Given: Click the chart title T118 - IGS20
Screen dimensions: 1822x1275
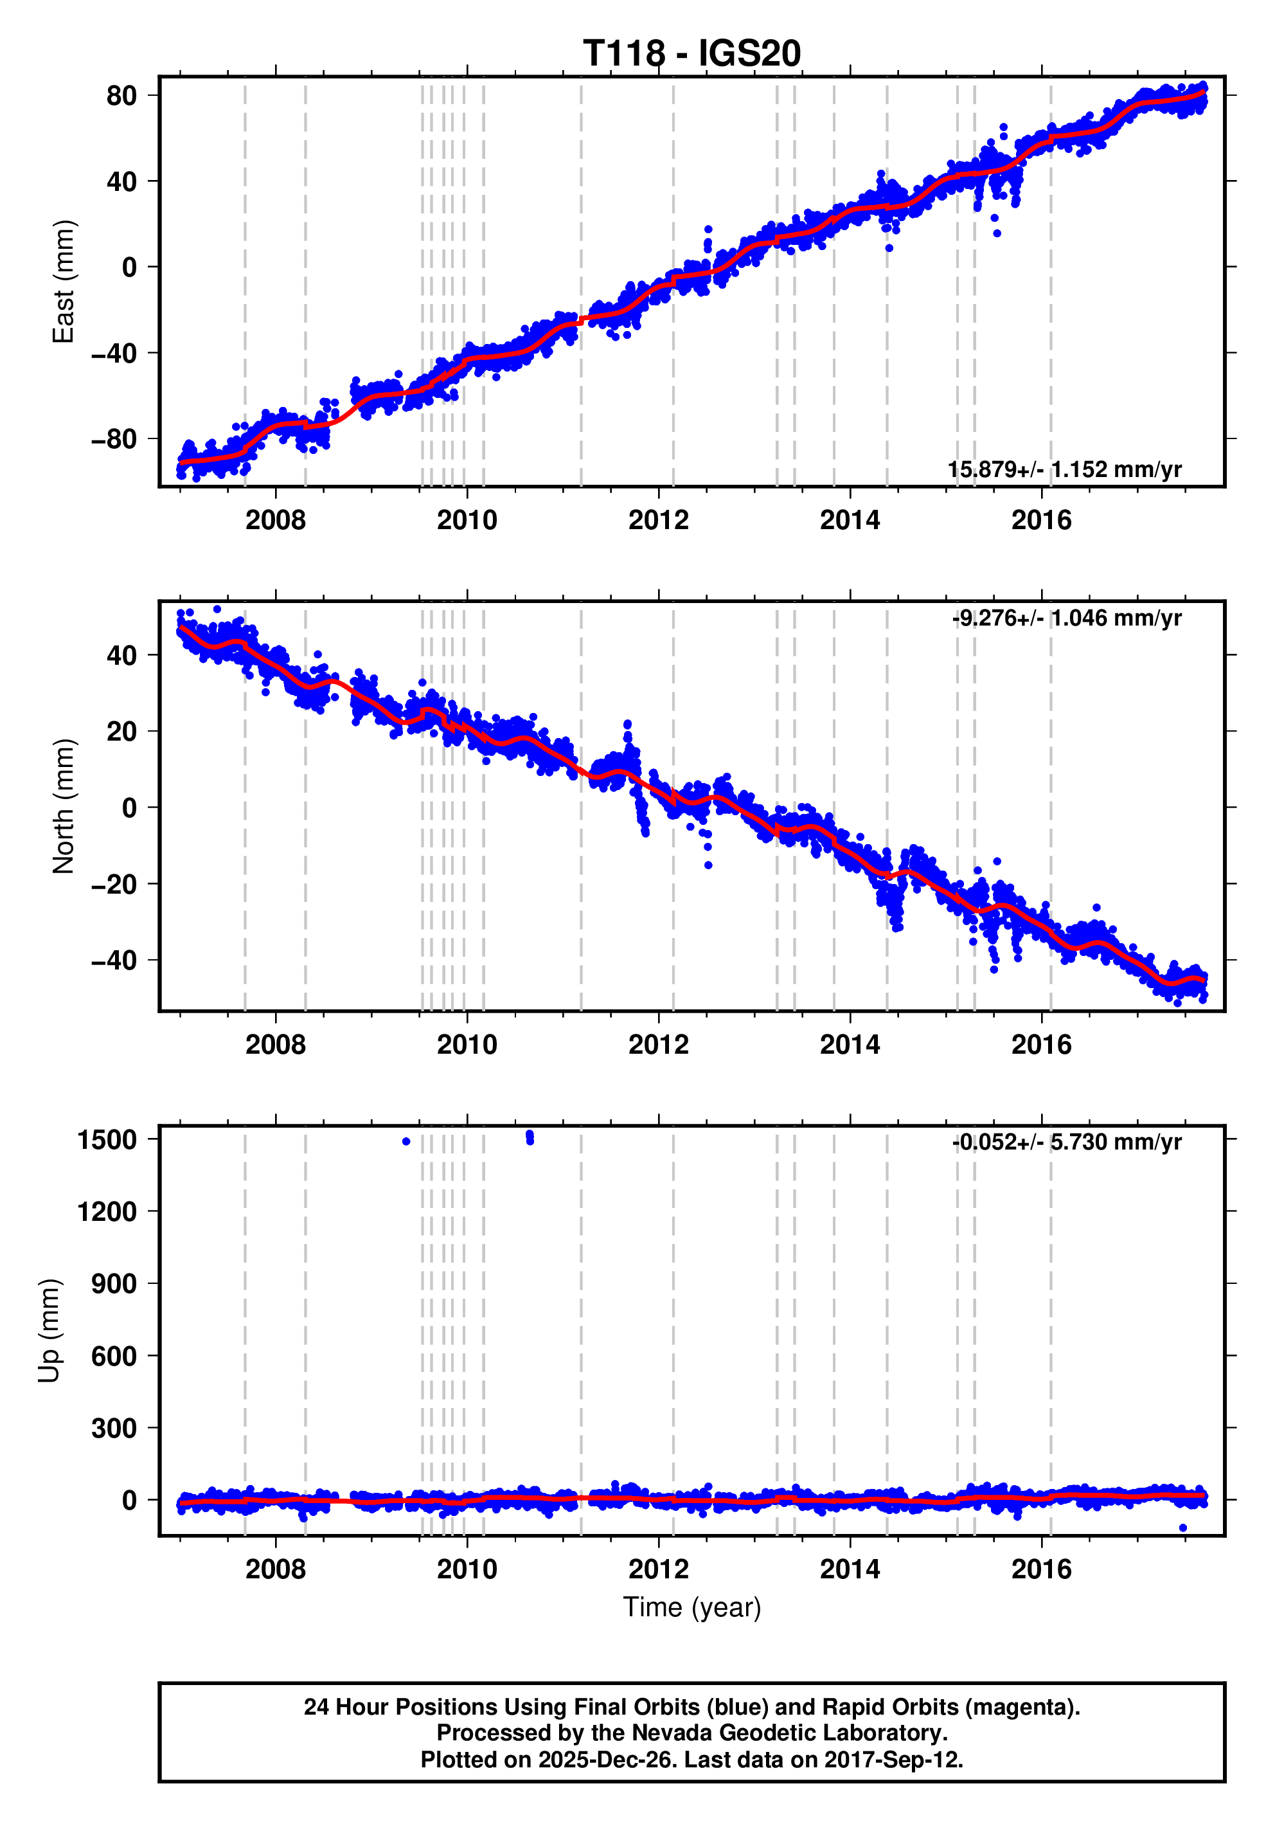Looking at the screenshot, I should click(692, 54).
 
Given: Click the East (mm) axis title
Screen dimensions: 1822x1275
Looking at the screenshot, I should click(64, 282).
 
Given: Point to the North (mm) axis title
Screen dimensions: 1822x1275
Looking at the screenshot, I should click(64, 806).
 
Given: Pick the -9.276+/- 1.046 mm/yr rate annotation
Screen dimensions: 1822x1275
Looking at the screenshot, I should click(1066, 618).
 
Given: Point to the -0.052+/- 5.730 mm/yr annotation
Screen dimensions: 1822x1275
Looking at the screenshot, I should click(1066, 1142).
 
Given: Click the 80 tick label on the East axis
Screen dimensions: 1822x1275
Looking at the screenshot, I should click(121, 96).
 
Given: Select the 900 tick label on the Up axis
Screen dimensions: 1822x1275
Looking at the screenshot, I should click(114, 1284).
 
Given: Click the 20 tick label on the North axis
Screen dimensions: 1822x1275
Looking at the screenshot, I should click(121, 732).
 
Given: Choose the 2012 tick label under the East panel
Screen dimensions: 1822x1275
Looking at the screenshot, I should click(659, 521).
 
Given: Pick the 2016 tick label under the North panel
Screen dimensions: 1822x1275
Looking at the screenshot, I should click(1041, 1044).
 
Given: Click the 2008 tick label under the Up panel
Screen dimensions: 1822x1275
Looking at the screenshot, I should click(275, 1569).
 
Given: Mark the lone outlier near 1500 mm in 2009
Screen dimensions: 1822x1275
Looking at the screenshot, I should click(406, 1142).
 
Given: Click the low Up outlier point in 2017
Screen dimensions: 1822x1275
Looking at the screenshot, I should click(1183, 1528).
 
